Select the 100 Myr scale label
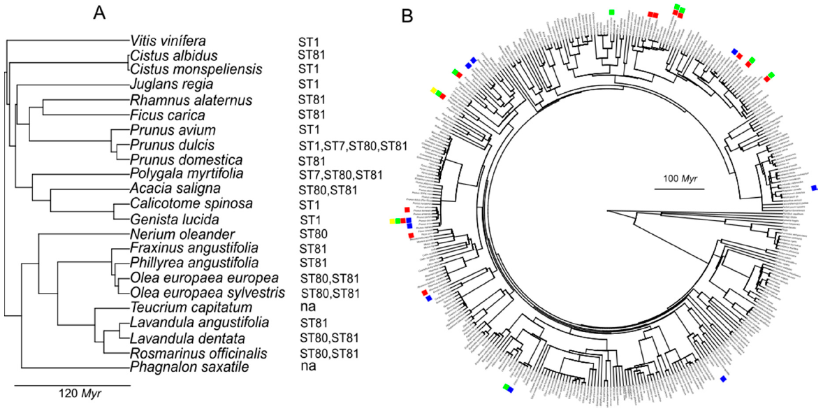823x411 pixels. click(x=678, y=177)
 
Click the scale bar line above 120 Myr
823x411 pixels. click(x=72, y=384)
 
